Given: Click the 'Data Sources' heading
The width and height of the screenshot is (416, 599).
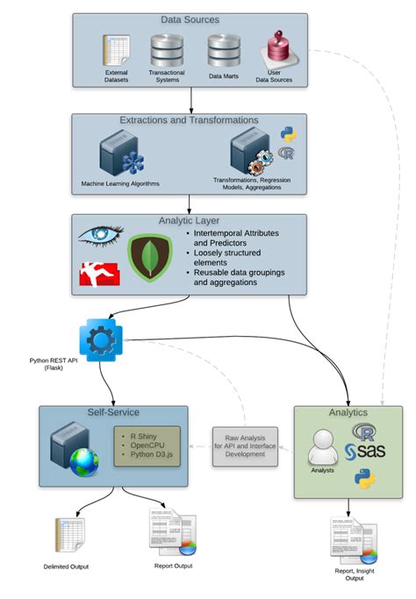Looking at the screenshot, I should point(190,19).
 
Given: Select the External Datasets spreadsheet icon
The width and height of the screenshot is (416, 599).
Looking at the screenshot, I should point(116,51).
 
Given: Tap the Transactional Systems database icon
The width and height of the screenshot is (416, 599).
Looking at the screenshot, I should point(166,49).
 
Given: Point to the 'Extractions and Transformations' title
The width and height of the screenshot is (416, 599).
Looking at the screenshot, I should point(189,120).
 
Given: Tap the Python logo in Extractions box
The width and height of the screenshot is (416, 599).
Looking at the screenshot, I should point(286,134).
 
